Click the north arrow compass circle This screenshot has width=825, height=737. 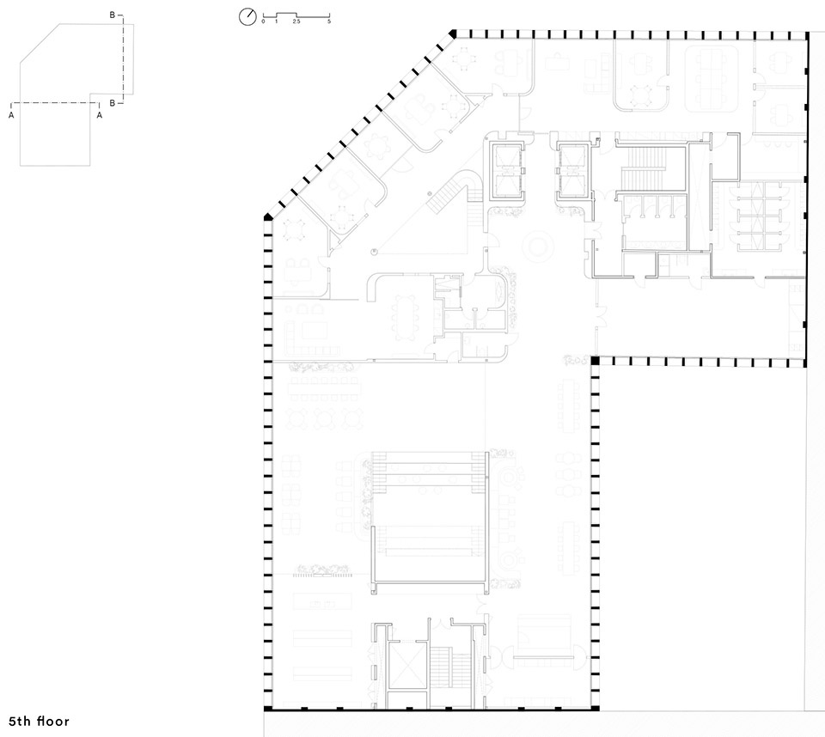[x=247, y=17]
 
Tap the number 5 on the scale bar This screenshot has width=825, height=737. [x=329, y=21]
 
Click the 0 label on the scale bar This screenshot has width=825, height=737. [x=263, y=21]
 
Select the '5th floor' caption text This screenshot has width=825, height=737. [x=39, y=722]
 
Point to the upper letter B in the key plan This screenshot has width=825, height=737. [x=112, y=15]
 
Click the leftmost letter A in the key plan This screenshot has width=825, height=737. [x=11, y=115]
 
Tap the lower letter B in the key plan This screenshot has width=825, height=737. [x=112, y=103]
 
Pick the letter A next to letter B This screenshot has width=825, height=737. [x=100, y=115]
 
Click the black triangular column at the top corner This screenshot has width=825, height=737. [x=453, y=34]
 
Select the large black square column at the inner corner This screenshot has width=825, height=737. [x=595, y=361]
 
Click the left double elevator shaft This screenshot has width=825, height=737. [x=508, y=169]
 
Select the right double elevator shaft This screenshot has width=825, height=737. [x=574, y=169]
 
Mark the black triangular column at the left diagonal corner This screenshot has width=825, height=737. [x=268, y=216]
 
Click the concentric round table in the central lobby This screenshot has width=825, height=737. [x=538, y=247]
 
